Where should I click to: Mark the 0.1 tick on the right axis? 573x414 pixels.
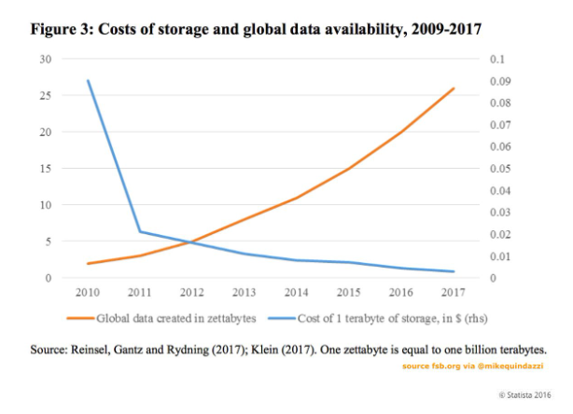(x=497, y=59)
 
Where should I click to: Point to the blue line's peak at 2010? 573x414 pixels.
(x=88, y=81)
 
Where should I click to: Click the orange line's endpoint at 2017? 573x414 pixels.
(x=454, y=89)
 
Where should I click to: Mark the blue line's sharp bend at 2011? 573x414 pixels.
(x=140, y=231)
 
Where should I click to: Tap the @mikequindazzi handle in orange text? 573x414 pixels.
(x=508, y=367)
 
